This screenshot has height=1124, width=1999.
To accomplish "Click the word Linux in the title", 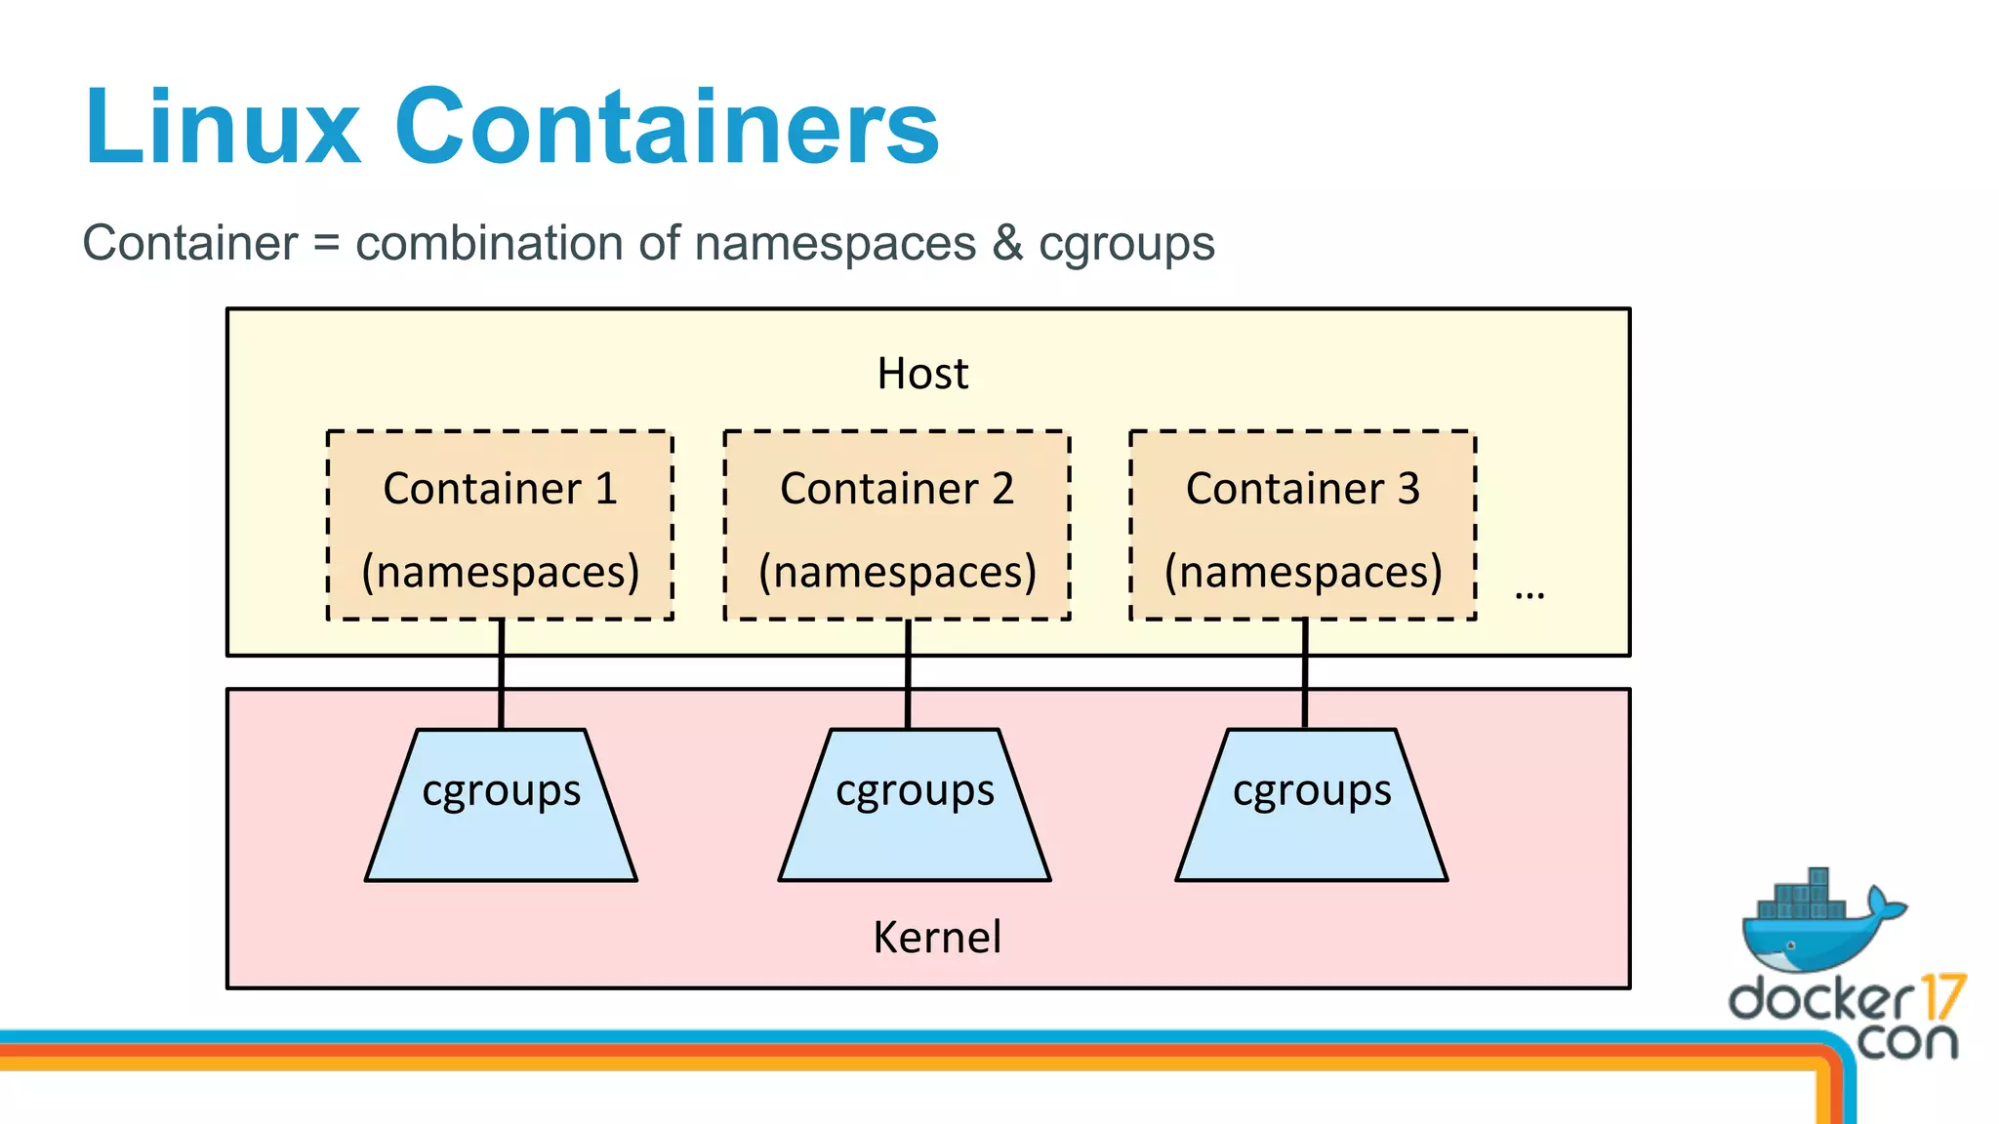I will (x=223, y=127).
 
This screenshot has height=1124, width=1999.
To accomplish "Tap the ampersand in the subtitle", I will (x=1007, y=243).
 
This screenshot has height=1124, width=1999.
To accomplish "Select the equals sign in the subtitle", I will (x=326, y=243).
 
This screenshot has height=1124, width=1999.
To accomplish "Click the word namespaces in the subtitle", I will (x=835, y=243).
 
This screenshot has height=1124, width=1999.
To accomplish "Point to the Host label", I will (x=922, y=374).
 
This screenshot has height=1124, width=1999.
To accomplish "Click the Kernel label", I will (x=936, y=937).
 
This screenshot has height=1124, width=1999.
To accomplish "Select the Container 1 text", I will (x=500, y=488).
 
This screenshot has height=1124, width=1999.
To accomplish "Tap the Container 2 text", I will (x=896, y=488).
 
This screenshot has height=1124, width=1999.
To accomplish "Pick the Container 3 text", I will (x=1302, y=488).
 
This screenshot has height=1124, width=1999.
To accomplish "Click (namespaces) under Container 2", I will (x=896, y=572).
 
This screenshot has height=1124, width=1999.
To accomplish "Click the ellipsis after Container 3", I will (x=1529, y=593).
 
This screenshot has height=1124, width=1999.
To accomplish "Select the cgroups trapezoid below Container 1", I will (x=501, y=820).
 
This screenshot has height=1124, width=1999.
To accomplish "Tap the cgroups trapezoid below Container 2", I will (x=915, y=820).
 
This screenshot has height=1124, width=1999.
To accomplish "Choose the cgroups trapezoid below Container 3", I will (x=1311, y=820).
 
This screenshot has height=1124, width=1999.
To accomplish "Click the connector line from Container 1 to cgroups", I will (x=502, y=673).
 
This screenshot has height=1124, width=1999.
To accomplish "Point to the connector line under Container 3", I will (x=1305, y=673).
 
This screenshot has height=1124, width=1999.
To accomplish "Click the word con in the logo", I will (x=1906, y=1041).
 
